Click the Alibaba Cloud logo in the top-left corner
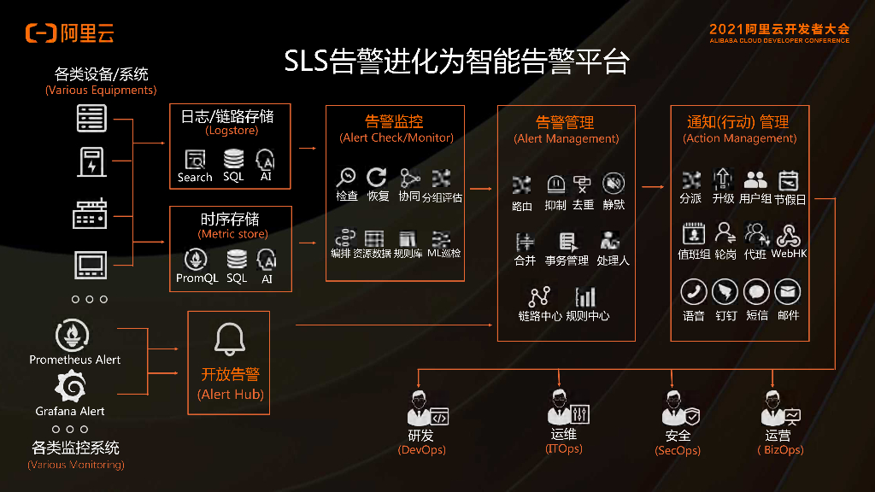click(x=69, y=33)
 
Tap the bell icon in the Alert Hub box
click(x=229, y=340)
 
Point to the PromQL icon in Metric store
click(x=197, y=259)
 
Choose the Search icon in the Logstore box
click(x=195, y=159)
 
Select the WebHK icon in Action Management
click(x=789, y=235)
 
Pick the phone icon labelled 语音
click(x=693, y=292)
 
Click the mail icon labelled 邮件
click(x=788, y=292)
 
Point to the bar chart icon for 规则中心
click(x=586, y=296)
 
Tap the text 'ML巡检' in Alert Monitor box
click(x=443, y=253)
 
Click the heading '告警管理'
click(x=565, y=122)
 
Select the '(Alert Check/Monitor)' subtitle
click(x=396, y=138)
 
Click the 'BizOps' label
click(x=781, y=450)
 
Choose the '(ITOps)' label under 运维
click(x=564, y=449)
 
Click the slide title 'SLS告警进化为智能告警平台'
click(x=456, y=62)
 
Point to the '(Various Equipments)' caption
click(x=101, y=90)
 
